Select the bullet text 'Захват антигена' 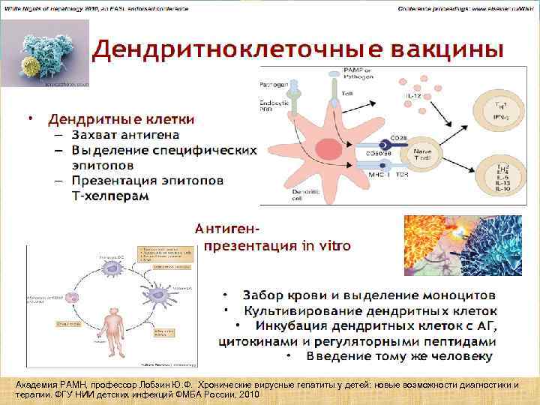(125, 135)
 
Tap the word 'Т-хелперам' (110, 195)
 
